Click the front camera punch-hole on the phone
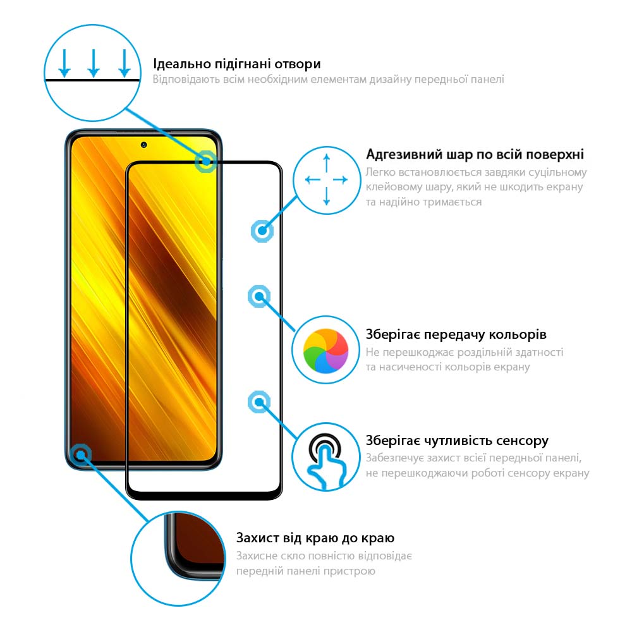pyautogui.click(x=144, y=145)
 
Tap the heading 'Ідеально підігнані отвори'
pyautogui.click(x=237, y=64)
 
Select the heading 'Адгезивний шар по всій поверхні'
pyautogui.click(x=475, y=154)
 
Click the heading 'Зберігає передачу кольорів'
pyautogui.click(x=456, y=334)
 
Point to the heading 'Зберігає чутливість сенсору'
pyautogui.click(x=457, y=441)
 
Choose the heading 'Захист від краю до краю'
pyautogui.click(x=315, y=538)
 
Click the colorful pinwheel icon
pyautogui.click(x=325, y=351)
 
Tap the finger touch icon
pyautogui.click(x=325, y=461)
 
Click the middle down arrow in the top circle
pyautogui.click(x=94, y=63)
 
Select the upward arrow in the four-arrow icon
pyautogui.click(x=327, y=164)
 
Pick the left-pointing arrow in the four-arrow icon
pyautogui.click(x=312, y=179)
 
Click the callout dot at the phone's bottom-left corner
pyautogui.click(x=81, y=455)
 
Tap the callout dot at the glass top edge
pyautogui.click(x=206, y=162)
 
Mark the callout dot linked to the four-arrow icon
pyautogui.click(x=262, y=231)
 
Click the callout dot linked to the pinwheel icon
pyautogui.click(x=259, y=296)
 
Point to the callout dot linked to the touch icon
pyautogui.click(x=259, y=402)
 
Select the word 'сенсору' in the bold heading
pyautogui.click(x=523, y=441)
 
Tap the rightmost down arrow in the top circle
pyautogui.click(x=125, y=63)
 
